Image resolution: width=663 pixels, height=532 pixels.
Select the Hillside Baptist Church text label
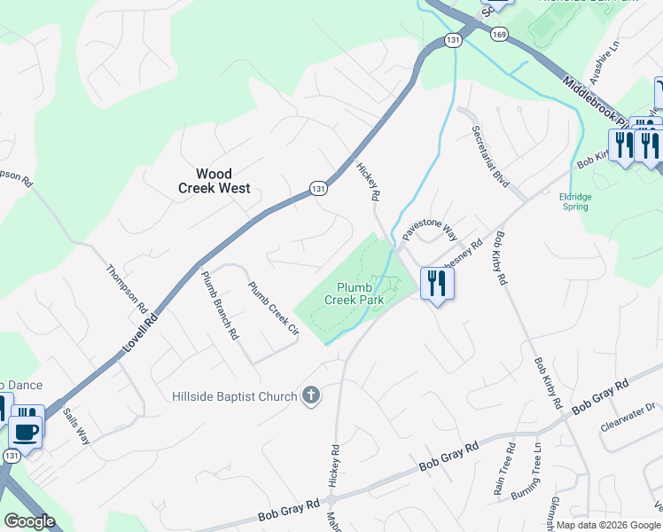pos(234,395)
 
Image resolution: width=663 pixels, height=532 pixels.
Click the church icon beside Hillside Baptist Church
pos(310,395)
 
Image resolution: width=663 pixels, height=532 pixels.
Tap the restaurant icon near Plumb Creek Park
pos(436,284)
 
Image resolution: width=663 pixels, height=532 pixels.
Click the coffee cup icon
pos(26,433)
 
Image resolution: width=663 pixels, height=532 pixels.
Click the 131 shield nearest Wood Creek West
pos(318,188)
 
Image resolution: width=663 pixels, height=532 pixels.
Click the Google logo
pos(30,521)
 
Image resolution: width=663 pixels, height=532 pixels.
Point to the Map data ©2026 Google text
pos(609,525)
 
